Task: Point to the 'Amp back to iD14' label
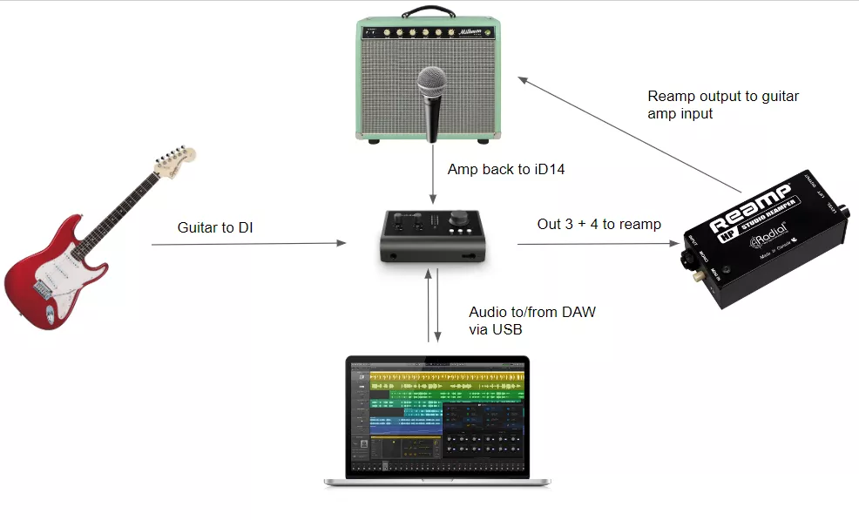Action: click(x=506, y=169)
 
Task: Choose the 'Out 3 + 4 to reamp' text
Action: click(x=599, y=224)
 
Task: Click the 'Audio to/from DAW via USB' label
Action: click(x=531, y=320)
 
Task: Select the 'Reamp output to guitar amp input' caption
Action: click(x=722, y=105)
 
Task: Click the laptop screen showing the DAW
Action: click(x=437, y=415)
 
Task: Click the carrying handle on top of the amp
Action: click(x=432, y=14)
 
